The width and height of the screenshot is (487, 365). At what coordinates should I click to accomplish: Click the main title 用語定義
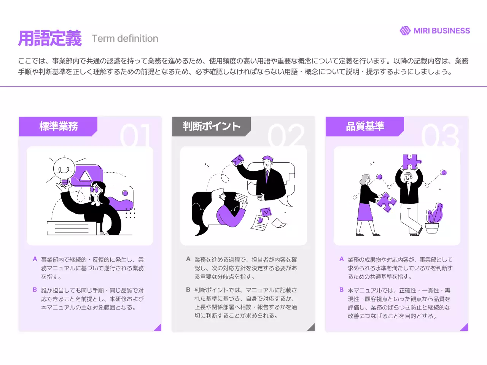pos(50,38)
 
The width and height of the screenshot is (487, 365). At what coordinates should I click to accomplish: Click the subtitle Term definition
pos(125,38)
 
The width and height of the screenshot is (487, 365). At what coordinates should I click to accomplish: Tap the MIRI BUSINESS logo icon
pos(405,31)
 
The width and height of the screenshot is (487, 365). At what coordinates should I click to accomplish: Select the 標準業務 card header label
pos(59,126)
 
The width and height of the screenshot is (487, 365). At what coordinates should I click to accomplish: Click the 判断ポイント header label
pos(212,126)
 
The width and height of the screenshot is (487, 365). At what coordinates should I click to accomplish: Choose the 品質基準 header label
pos(365,126)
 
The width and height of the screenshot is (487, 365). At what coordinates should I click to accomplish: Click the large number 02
pos(286,135)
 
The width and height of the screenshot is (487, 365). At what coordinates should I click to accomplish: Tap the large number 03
pos(440,135)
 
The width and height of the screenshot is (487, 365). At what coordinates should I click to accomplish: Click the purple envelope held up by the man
pos(238,160)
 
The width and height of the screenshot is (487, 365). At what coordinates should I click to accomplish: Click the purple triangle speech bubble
pos(86,176)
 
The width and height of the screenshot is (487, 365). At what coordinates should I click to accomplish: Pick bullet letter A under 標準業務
pos(35,259)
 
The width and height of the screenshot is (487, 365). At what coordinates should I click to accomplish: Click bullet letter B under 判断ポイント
pos(188,290)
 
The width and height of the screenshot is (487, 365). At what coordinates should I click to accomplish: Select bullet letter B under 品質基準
pos(341,290)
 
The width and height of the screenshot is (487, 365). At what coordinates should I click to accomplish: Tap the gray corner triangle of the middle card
pos(311,327)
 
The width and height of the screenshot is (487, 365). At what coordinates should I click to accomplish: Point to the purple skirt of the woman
pos(365,212)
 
